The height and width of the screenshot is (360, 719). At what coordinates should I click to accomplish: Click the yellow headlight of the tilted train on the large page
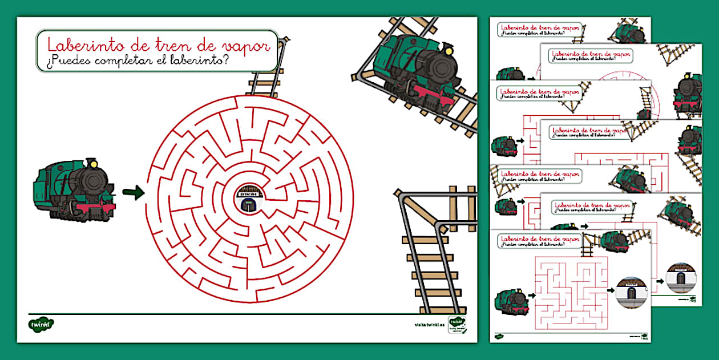449,51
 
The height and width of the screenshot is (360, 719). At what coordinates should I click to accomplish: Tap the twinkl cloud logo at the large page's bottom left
41,324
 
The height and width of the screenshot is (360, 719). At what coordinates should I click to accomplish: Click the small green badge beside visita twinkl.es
456,323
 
